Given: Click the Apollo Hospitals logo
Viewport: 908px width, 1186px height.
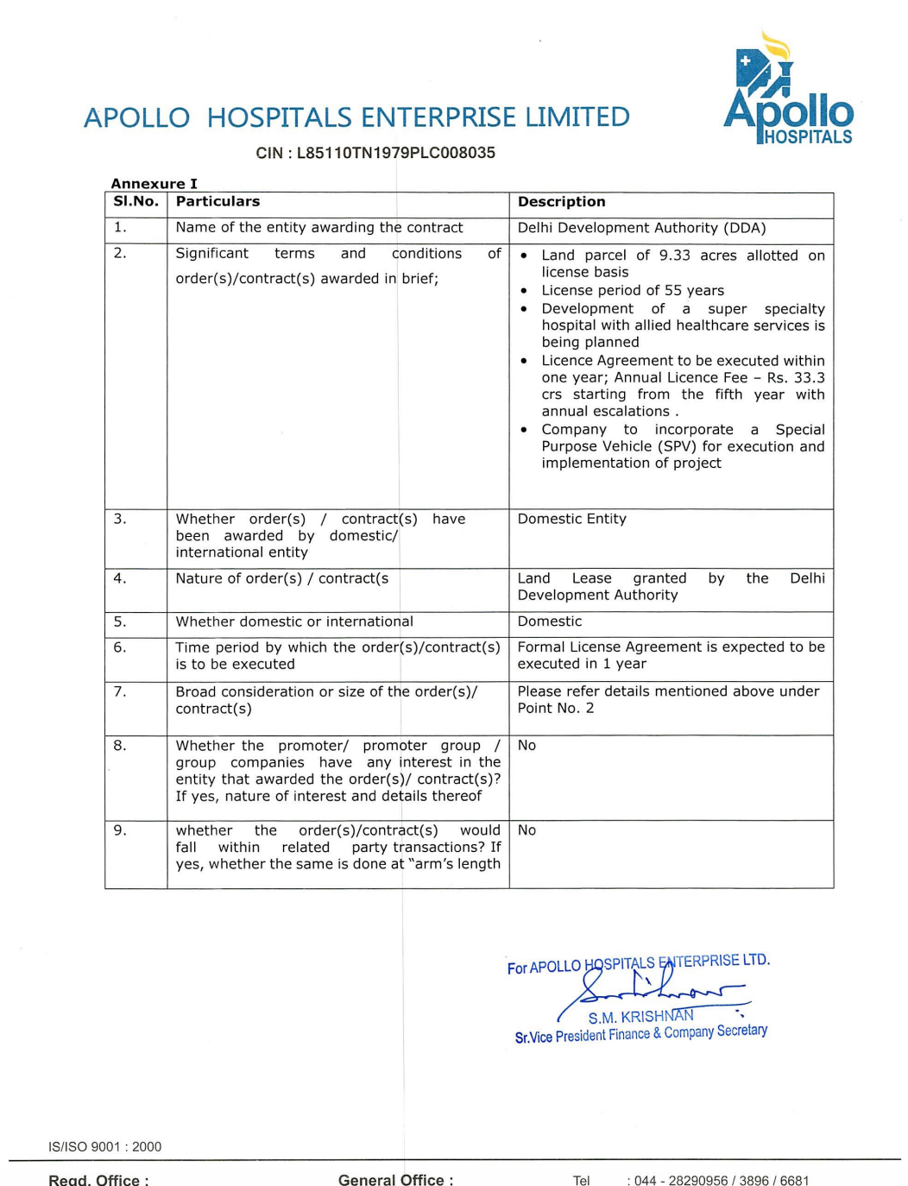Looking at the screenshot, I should click(x=788, y=91).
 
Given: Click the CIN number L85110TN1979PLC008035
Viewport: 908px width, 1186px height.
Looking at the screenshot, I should click(x=396, y=153).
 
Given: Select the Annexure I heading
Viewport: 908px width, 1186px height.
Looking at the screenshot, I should click(x=154, y=183).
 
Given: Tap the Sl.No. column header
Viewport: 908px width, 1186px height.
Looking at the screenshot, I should click(x=136, y=201).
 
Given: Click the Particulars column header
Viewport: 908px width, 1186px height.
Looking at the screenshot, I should click(x=218, y=201).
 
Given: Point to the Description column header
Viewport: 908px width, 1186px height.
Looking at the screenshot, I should click(x=561, y=201).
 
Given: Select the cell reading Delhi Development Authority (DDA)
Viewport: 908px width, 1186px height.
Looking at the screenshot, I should click(x=641, y=228).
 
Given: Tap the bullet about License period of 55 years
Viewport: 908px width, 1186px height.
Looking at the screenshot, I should click(x=633, y=290).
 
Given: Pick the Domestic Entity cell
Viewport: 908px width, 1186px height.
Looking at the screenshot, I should click(x=571, y=519).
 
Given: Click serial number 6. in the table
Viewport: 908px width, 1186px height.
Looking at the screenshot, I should click(x=120, y=647).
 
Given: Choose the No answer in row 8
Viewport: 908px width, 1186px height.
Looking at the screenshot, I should click(x=527, y=746).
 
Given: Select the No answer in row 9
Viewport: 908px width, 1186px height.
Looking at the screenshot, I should click(x=527, y=830).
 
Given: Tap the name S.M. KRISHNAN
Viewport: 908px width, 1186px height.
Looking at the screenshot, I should click(x=640, y=1017).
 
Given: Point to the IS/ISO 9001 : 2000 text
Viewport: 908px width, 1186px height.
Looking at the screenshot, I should click(x=104, y=1146).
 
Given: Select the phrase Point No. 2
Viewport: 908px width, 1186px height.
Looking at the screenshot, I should click(x=555, y=708).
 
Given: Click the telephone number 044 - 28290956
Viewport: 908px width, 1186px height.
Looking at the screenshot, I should click(x=681, y=1180).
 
